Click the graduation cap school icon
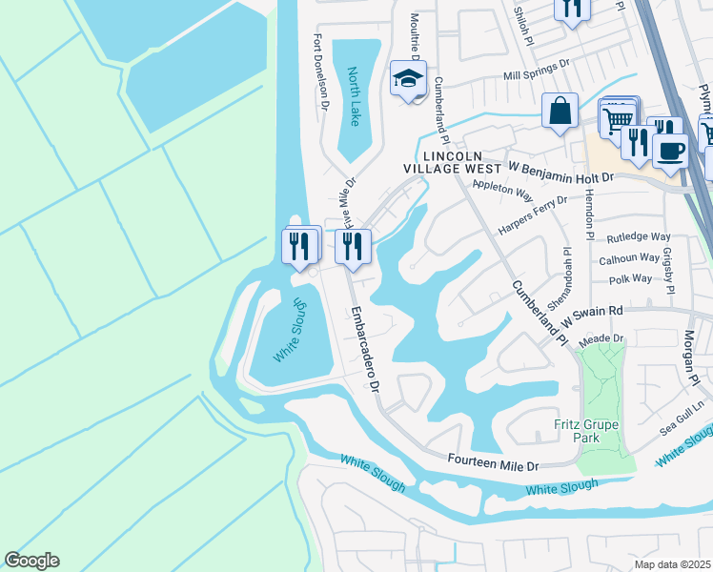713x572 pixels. coord(407,78)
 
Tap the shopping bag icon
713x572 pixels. coord(560,110)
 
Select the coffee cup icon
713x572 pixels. coord(670,151)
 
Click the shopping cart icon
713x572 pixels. coord(618,117)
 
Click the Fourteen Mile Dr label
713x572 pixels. coord(494,462)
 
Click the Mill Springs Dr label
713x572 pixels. coord(536,69)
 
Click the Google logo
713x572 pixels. coord(31,561)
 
